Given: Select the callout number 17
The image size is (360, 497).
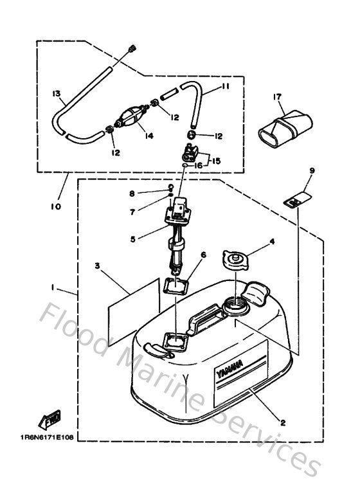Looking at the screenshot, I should point(277,97).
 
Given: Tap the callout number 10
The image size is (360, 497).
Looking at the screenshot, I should point(55,206).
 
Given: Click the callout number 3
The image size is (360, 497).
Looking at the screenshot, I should point(97,265).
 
